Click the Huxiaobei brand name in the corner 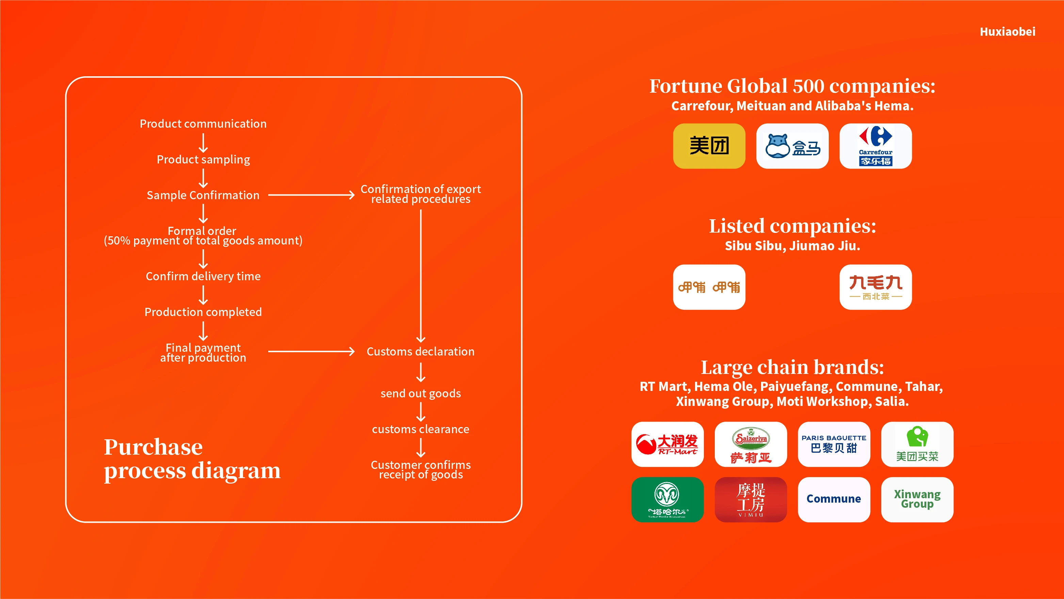pos(1007,32)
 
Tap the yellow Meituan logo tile pos(709,146)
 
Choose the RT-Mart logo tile pos(667,444)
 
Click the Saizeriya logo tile pos(751,444)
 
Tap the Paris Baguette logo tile pos(834,444)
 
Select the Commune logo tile pos(834,499)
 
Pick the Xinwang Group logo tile pos(917,499)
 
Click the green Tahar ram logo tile pos(667,499)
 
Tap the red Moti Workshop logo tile pos(751,499)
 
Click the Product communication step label pos(203,124)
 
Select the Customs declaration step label pos(420,351)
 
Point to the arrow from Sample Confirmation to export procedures pos(311,195)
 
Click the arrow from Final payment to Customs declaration pos(311,351)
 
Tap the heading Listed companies pos(792,226)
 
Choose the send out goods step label pos(420,393)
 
